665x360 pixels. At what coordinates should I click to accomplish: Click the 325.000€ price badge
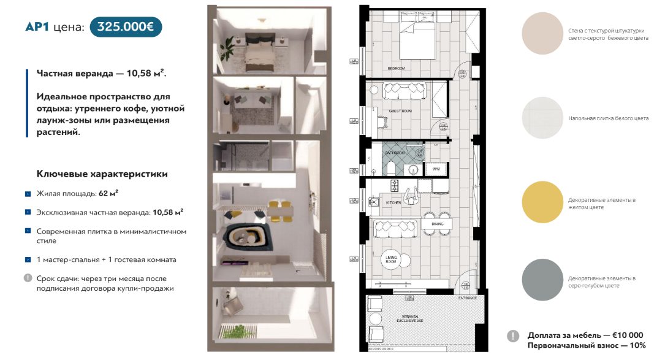[126, 27]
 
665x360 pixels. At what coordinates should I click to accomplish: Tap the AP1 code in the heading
[37, 27]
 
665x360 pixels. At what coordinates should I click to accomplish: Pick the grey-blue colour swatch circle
[542, 280]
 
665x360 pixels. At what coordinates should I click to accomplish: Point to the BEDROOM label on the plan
[397, 68]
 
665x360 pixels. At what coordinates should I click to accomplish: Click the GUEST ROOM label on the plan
[400, 111]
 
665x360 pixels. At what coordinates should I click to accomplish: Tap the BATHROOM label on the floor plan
[395, 153]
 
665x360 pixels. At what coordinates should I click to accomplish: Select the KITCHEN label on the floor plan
[393, 202]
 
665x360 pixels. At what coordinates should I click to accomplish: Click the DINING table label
[437, 224]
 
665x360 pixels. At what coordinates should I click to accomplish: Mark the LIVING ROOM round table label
[390, 259]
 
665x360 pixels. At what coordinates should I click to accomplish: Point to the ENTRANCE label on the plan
[467, 298]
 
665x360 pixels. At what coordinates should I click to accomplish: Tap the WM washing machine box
[436, 168]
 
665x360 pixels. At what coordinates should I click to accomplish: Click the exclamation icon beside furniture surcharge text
[514, 335]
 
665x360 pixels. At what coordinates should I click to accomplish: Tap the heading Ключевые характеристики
[102, 174]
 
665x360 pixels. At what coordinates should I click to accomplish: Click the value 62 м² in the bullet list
[108, 193]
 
